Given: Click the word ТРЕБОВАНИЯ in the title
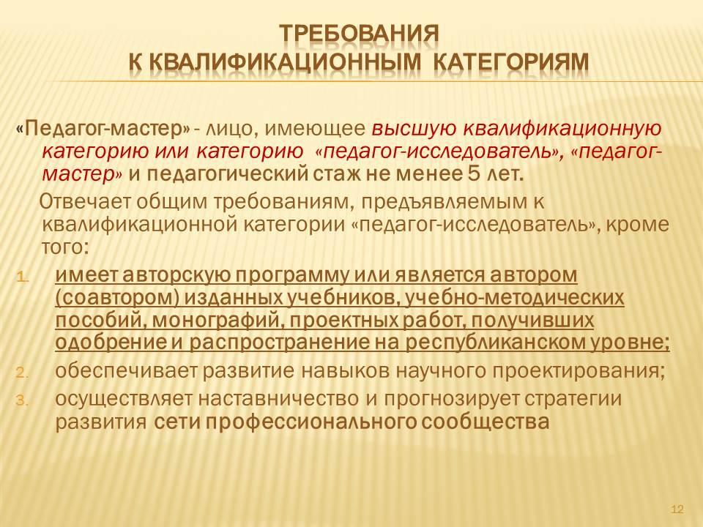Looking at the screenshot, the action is tap(359, 34).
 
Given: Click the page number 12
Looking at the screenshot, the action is tap(677, 509).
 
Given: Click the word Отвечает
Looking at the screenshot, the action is tap(85, 202).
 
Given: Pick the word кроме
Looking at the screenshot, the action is tap(637, 224).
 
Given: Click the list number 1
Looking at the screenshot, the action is tap(23, 277).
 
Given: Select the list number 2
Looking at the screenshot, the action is tap(23, 373).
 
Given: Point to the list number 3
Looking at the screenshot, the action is tap(23, 400).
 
